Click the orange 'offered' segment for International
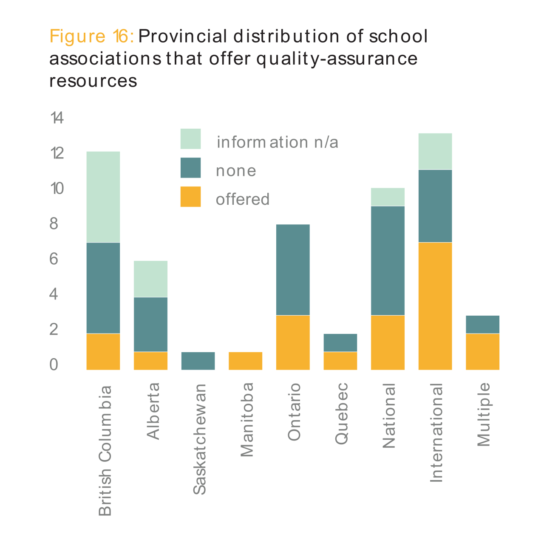pos(435,306)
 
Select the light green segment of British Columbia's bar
pos(103,197)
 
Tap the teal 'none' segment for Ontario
pos(293,269)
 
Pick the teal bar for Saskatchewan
pos(198,361)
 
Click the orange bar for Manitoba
pos(245,361)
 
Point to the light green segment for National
pos(388,197)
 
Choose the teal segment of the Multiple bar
pos(482,324)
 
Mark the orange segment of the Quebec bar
pos(340,361)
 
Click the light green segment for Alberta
pos(150,279)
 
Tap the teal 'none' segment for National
pos(388,260)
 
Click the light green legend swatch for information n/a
pos(190,139)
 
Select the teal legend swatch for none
pos(190,168)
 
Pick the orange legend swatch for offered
pos(190,197)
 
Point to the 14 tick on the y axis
pos(57,118)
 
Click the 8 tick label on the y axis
pos(54,223)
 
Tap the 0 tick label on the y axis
pos(54,364)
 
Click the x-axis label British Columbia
pos(105,450)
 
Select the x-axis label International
pos(436,432)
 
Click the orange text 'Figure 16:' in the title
pos(92,36)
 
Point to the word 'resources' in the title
pos(93,81)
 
